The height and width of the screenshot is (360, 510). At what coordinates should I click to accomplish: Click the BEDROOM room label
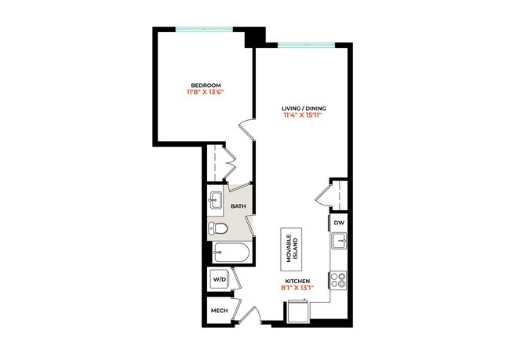click(206, 85)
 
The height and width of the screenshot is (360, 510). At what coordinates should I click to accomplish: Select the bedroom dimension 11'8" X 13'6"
click(206, 93)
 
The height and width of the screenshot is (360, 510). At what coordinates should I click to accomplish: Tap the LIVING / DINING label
click(304, 107)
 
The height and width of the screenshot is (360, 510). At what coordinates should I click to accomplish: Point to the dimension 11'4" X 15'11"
click(304, 115)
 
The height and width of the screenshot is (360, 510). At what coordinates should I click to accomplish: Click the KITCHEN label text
click(297, 280)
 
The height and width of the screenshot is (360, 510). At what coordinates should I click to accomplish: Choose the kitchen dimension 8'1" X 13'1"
click(297, 288)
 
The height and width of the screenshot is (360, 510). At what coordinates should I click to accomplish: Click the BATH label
click(238, 206)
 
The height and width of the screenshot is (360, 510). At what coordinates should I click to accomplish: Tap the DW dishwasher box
click(339, 224)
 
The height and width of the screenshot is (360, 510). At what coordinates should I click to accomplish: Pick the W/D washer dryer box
click(218, 278)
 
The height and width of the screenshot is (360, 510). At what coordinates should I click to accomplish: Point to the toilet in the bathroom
click(219, 230)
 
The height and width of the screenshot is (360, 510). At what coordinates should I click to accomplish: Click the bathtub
click(231, 253)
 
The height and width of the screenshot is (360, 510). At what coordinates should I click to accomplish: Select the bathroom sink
click(216, 202)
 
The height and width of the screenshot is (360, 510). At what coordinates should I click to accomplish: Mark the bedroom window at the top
click(204, 31)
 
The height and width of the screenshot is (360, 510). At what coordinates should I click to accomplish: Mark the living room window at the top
click(305, 45)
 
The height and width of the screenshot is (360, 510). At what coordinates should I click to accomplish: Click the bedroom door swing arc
click(246, 129)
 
